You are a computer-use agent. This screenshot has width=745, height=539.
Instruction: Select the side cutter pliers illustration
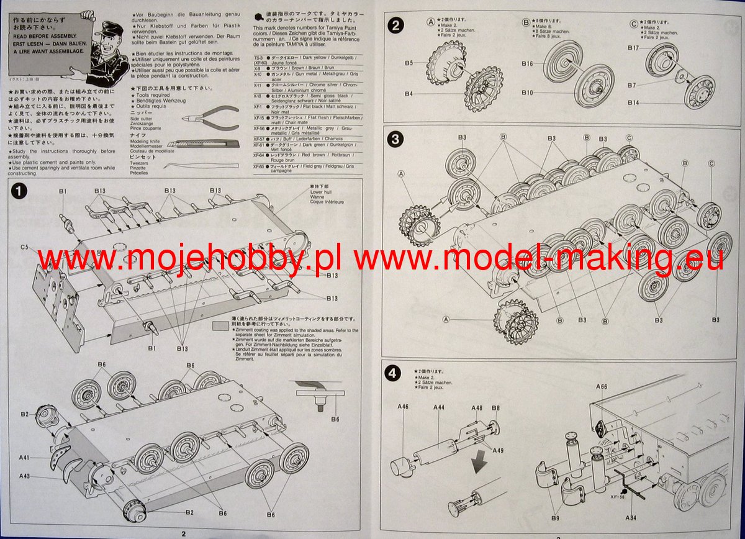click(207, 117)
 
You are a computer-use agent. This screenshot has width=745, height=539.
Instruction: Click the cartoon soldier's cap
click(106, 27)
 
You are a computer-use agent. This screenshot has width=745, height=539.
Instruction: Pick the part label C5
click(25, 247)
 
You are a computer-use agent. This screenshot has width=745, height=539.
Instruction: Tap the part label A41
click(24, 457)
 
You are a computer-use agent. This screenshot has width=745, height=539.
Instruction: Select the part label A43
click(24, 476)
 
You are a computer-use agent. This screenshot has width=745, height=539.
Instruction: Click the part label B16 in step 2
click(527, 63)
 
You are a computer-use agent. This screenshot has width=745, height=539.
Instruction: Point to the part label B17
click(633, 48)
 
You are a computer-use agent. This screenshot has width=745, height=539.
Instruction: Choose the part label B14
click(633, 102)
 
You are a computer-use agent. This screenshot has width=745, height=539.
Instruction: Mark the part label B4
click(409, 94)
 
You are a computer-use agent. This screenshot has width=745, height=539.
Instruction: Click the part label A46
click(403, 407)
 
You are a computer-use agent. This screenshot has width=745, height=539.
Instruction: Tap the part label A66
click(601, 387)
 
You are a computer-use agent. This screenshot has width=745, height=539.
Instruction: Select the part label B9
click(554, 517)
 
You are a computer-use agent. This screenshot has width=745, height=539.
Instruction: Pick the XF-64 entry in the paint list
click(260, 157)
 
